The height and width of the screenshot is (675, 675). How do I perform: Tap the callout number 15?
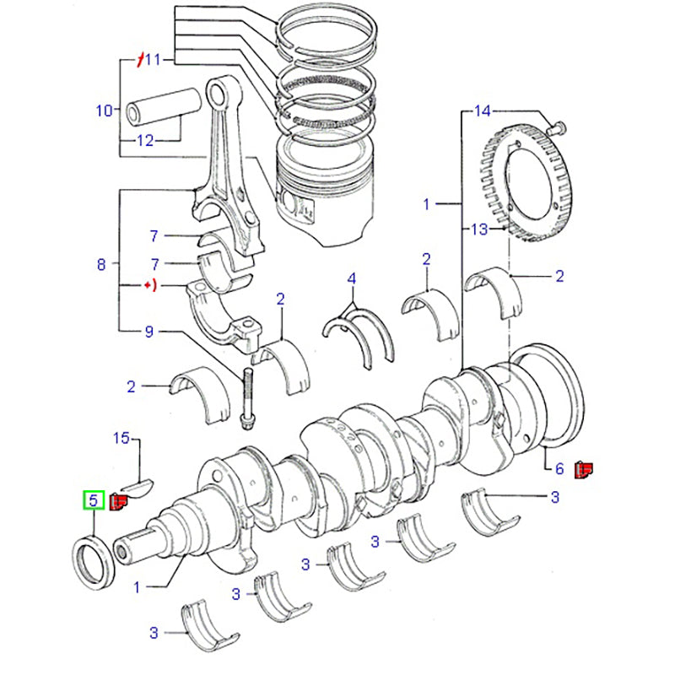point(122,438)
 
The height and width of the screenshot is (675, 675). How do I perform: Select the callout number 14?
point(481,111)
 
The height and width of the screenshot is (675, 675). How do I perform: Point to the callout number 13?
point(480,229)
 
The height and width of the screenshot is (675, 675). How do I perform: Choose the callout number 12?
point(145,141)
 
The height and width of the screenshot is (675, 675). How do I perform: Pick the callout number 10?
point(104,110)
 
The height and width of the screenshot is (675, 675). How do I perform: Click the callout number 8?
point(102,264)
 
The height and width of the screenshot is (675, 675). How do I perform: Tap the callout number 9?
point(148,332)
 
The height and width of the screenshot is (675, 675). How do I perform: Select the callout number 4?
point(352,278)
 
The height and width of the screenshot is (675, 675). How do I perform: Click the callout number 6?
point(558,467)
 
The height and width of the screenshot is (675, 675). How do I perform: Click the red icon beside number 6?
point(582,469)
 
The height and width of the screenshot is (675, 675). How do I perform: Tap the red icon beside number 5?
point(118,503)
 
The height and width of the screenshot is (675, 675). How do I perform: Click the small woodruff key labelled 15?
point(138,486)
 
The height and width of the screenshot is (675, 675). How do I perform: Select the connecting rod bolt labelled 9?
point(247,396)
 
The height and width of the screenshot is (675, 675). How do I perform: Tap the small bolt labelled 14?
point(556,127)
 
